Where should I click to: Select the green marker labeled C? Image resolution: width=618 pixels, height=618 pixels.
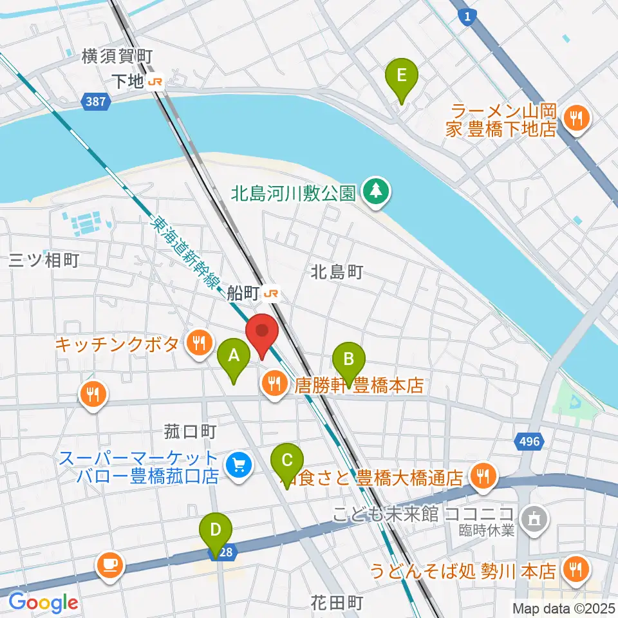[287, 462]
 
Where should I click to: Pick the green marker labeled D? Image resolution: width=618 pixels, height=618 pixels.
[216, 532]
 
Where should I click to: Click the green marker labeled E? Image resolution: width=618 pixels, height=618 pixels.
[401, 77]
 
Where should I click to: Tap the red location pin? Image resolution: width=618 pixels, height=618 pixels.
[262, 332]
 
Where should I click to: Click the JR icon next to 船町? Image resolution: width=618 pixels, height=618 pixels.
[271, 294]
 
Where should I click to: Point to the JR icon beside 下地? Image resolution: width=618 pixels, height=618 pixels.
[156, 82]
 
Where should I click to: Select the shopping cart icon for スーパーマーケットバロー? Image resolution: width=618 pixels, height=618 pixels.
[239, 463]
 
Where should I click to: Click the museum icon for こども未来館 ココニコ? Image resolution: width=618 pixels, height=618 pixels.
[534, 514]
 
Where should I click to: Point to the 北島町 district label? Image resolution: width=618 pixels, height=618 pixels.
[337, 272]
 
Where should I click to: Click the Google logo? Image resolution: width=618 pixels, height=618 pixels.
[43, 603]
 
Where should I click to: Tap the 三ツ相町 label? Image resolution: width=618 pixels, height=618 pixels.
[43, 259]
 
